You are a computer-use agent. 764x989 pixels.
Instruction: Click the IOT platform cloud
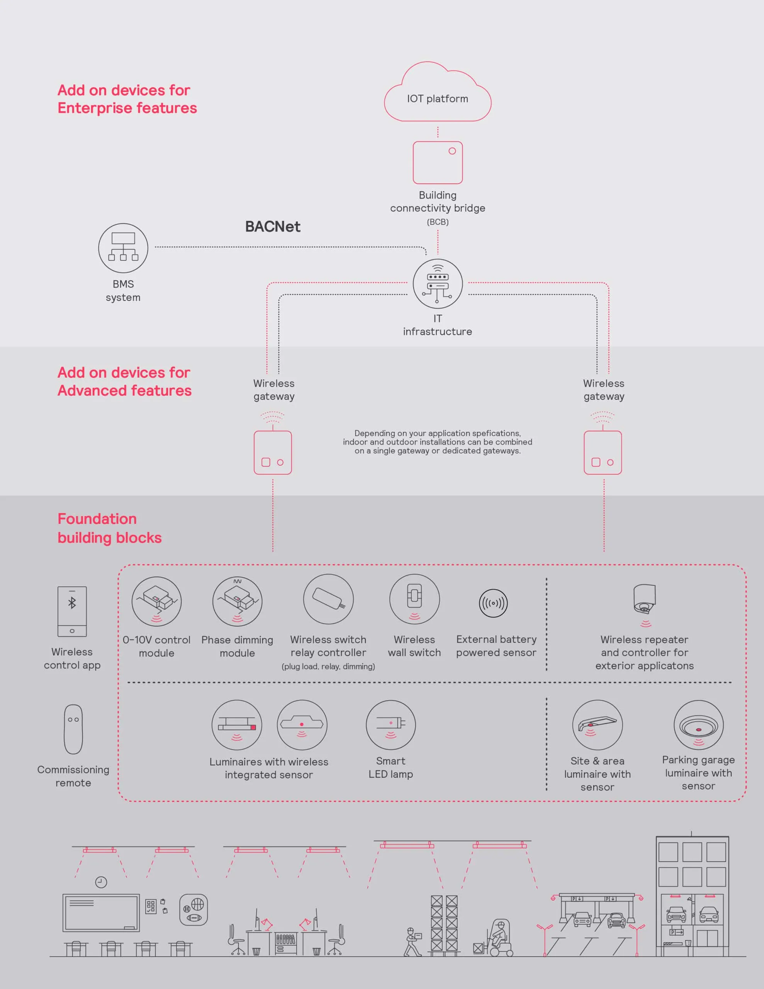(x=438, y=92)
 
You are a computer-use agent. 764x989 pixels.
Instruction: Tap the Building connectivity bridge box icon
(x=438, y=163)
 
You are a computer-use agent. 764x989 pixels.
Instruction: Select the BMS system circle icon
(x=123, y=248)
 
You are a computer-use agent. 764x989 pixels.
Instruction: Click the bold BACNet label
(x=273, y=226)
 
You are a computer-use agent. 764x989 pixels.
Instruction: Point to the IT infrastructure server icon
(x=438, y=284)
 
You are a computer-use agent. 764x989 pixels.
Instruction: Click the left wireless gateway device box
(x=273, y=452)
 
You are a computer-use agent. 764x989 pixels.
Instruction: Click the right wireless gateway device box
(x=603, y=452)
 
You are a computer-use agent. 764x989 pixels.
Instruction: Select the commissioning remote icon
(x=73, y=729)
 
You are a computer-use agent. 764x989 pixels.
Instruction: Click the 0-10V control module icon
(x=157, y=602)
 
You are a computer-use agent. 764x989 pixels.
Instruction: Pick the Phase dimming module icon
(x=237, y=602)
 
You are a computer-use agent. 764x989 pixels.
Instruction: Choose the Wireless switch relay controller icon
(x=328, y=599)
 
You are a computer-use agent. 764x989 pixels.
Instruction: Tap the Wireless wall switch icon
(x=414, y=599)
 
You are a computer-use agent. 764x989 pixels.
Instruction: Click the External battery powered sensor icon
(x=493, y=603)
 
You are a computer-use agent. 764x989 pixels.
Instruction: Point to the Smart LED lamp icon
(x=391, y=725)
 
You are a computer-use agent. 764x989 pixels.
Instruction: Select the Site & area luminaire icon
(x=598, y=725)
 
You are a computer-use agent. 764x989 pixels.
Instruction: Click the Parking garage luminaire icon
(x=698, y=725)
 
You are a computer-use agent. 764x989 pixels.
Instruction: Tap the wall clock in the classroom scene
(x=101, y=882)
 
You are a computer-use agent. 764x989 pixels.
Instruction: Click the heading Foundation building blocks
(x=110, y=528)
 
